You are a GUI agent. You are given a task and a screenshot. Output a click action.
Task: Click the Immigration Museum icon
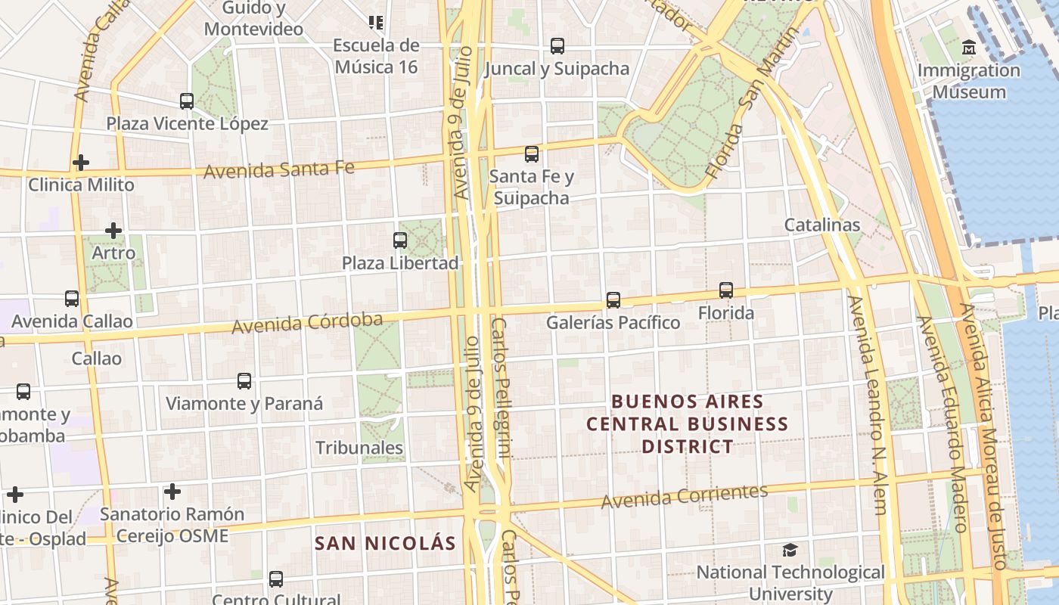[968, 48]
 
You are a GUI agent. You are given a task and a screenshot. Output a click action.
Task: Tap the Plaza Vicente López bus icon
[187, 101]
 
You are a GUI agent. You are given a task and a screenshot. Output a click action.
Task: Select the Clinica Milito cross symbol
[81, 163]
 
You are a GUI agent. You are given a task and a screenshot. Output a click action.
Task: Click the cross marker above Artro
[113, 230]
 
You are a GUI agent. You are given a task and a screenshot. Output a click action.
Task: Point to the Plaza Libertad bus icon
[400, 240]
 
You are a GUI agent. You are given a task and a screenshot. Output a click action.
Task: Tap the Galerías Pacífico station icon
[613, 300]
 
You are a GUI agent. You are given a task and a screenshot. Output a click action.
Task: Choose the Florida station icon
[726, 290]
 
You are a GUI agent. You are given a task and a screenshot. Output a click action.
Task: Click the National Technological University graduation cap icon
[790, 550]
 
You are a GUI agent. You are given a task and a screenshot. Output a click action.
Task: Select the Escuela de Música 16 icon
[375, 23]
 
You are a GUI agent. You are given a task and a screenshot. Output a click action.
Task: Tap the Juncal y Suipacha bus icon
[557, 46]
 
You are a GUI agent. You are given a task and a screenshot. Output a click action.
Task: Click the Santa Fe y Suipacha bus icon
[532, 154]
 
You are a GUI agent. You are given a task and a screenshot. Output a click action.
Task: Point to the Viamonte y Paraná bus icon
[244, 381]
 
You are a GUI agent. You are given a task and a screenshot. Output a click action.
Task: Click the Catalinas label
[821, 225]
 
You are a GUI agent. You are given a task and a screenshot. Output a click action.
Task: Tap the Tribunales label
[359, 448]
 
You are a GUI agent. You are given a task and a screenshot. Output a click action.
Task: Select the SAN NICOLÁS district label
[385, 543]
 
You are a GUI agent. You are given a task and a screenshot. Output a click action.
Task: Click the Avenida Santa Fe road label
[279, 169]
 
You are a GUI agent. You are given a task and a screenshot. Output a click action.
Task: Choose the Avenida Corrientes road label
[685, 495]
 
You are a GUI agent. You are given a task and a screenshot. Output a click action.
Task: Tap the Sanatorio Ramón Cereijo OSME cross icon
[172, 492]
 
